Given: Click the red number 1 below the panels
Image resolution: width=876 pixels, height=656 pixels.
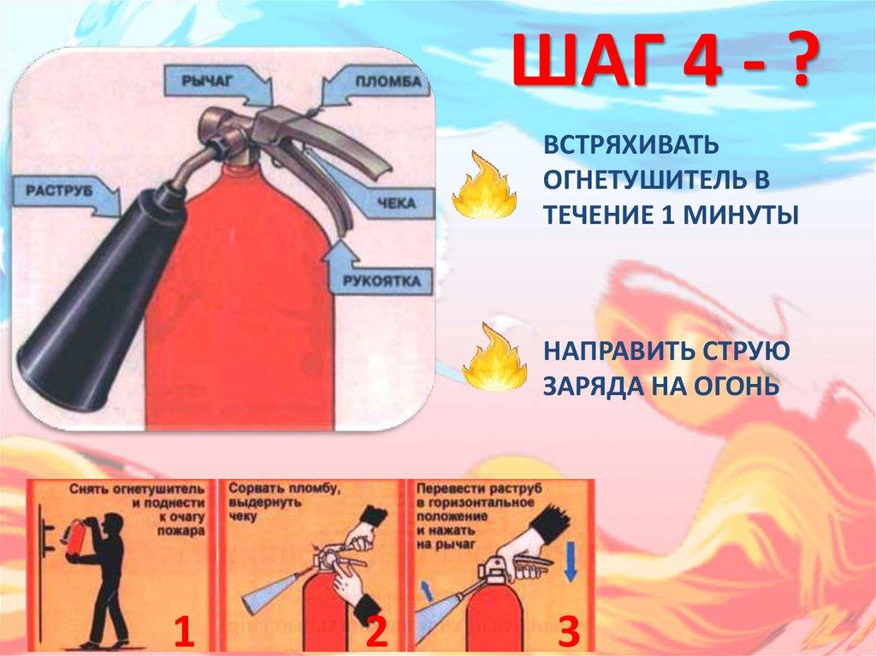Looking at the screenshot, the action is pyautogui.click(x=184, y=631).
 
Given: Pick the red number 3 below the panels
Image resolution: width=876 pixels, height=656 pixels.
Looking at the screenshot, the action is pyautogui.click(x=568, y=631).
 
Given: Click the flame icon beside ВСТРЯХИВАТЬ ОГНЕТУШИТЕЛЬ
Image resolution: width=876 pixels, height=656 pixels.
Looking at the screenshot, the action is pyautogui.click(x=484, y=185).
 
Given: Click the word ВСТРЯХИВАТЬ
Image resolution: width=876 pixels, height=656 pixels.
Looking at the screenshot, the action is pyautogui.click(x=630, y=145).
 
